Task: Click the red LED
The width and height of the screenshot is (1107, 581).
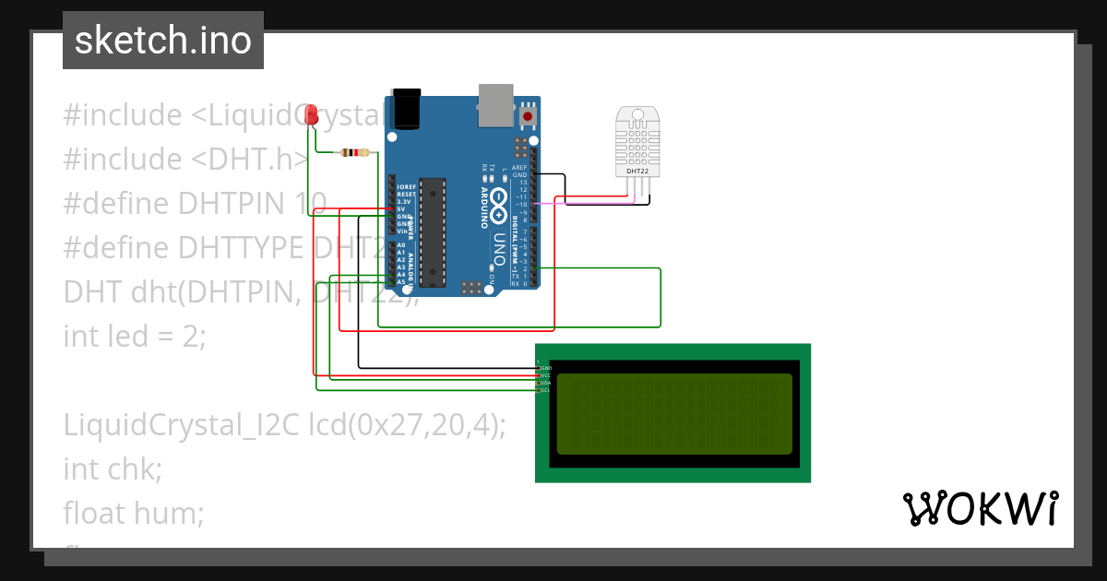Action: point(312,116)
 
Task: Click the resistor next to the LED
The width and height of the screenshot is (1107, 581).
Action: point(354,152)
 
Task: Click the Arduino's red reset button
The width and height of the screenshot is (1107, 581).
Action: point(528,117)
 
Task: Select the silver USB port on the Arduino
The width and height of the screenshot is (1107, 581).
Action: point(495,103)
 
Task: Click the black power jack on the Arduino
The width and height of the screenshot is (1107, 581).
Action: point(406,110)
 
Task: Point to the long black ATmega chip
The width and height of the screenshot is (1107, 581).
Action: point(431,231)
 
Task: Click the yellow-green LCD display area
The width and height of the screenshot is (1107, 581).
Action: point(673,413)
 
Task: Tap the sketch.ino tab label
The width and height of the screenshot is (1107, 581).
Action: point(163,41)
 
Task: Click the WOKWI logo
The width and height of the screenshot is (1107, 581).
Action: point(980,508)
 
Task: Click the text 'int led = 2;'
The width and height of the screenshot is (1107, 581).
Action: point(136,336)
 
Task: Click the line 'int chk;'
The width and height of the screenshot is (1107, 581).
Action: point(113,468)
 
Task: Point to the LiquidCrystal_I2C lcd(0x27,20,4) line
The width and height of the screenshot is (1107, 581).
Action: point(284,425)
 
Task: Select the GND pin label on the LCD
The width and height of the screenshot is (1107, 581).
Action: point(545,368)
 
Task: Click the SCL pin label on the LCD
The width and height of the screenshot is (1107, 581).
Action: point(545,390)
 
